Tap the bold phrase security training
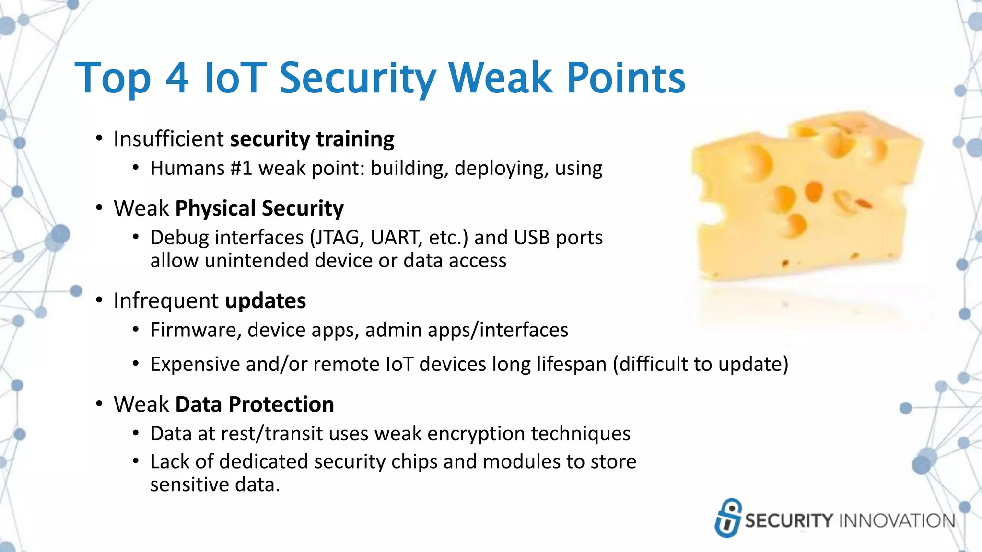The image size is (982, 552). [x=312, y=139]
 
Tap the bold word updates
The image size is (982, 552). [x=265, y=301]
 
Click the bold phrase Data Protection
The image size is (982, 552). [x=255, y=404]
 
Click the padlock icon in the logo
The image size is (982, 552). [x=728, y=518]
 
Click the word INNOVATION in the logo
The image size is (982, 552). [x=897, y=521]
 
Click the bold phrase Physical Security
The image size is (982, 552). [x=259, y=208]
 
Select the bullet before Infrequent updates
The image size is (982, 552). [x=99, y=300]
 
